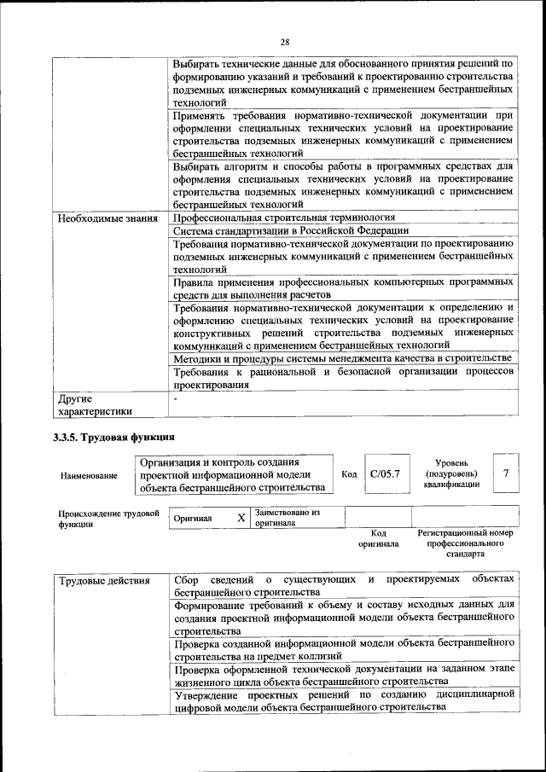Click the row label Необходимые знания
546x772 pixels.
tap(107, 218)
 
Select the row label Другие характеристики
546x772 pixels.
tap(94, 405)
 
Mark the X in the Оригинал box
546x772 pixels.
tap(241, 518)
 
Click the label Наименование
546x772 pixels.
tap(89, 475)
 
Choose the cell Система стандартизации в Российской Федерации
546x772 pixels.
tap(291, 230)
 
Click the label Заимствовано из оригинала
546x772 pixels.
tap(287, 518)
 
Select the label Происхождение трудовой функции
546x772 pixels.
tap(108, 519)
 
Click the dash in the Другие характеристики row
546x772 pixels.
tap(175, 398)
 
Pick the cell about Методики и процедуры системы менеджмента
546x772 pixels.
tap(342, 358)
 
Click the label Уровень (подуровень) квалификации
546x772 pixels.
tap(450, 473)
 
